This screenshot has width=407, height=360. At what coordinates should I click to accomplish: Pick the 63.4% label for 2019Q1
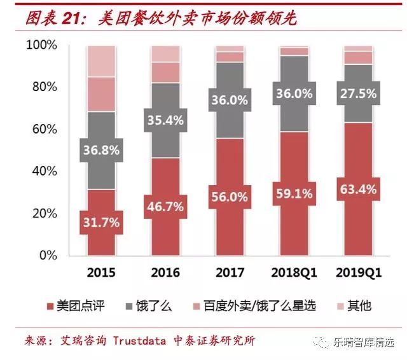(x=359, y=189)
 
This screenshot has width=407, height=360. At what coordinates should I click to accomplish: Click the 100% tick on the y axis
(x=41, y=46)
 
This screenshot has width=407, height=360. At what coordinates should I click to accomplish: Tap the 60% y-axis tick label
(x=44, y=130)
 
